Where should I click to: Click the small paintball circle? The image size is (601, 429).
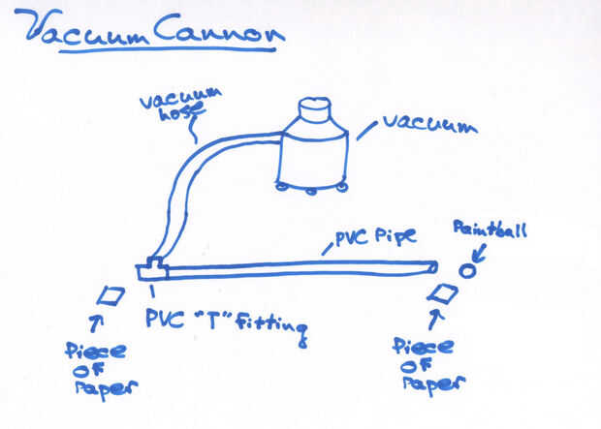467,270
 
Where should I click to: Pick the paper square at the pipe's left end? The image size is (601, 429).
112,294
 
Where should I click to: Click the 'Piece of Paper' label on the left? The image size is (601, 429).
100,367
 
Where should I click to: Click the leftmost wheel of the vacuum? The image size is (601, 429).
282,186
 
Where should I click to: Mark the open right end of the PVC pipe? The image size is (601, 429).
431,267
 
